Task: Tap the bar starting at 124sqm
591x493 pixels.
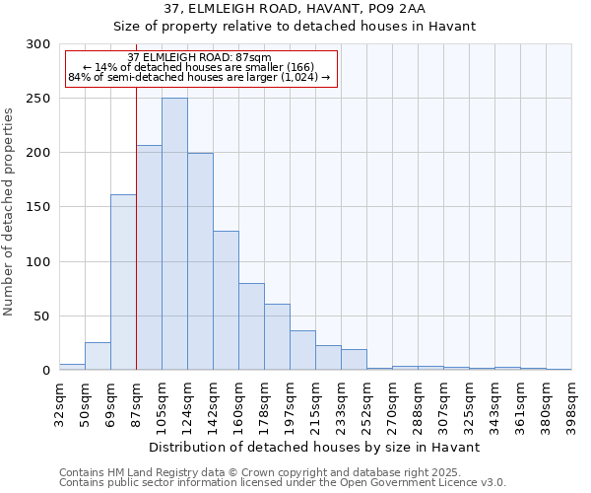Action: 200,261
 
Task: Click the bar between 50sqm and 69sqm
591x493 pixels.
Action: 98,356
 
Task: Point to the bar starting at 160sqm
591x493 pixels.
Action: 251,326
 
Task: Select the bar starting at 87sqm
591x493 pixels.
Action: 149,257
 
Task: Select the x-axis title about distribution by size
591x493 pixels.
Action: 314,447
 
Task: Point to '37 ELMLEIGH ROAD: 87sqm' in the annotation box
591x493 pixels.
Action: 200,58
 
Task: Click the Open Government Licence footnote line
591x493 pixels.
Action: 283,482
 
